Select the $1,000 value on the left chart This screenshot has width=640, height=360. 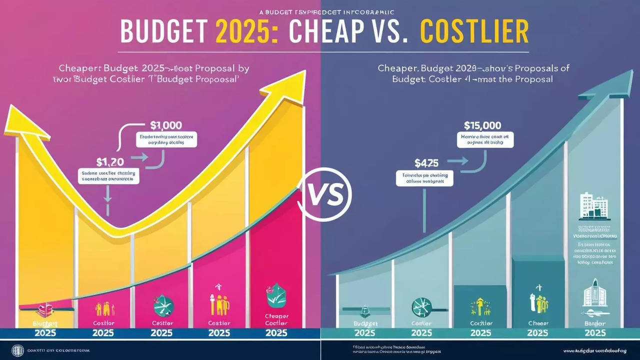[166, 125]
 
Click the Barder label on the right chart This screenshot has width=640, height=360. [595, 323]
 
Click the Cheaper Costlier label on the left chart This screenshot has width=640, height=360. [277, 319]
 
